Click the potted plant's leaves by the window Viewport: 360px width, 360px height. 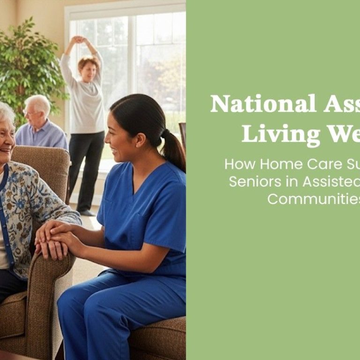point(28,66)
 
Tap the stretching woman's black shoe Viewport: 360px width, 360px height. point(86,212)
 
